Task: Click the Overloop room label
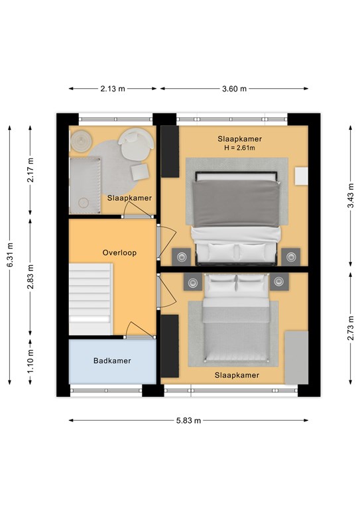119,253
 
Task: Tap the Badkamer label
112,361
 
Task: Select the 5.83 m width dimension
188,420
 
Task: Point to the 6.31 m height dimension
11,255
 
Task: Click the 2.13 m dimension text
113,89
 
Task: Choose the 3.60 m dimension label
234,89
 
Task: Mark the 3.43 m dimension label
351,196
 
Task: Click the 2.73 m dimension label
351,328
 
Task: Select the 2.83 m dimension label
30,277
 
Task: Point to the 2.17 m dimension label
30,170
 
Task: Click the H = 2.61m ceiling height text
239,148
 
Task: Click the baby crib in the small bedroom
85,186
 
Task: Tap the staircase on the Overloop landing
91,299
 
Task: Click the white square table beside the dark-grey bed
301,176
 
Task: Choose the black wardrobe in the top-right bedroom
170,152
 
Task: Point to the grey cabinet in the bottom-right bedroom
296,358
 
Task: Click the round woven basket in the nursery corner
80,141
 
